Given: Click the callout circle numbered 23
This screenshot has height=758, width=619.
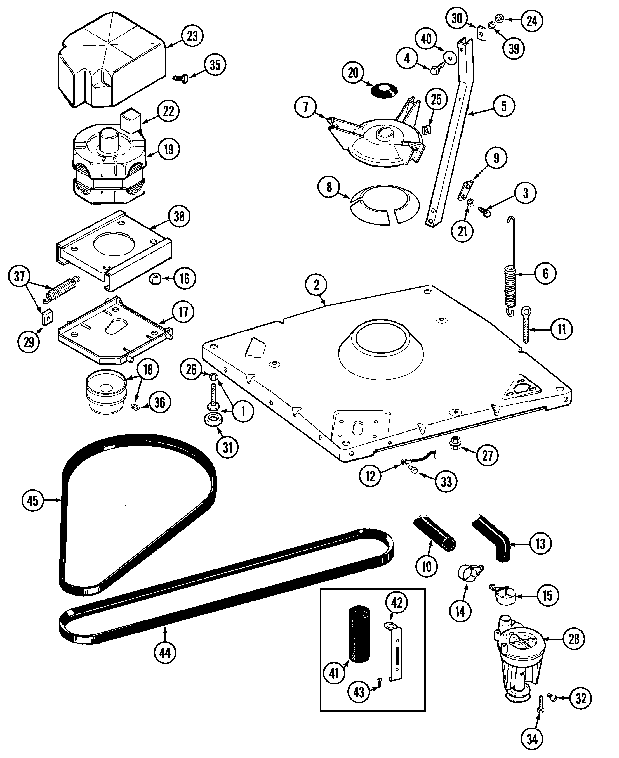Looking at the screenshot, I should (x=192, y=36).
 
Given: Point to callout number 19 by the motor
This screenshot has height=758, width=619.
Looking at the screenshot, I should (x=168, y=149).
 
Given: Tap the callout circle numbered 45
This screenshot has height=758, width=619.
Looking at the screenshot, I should (x=32, y=501).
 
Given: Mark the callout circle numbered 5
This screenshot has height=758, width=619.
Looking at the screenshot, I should (x=503, y=106).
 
